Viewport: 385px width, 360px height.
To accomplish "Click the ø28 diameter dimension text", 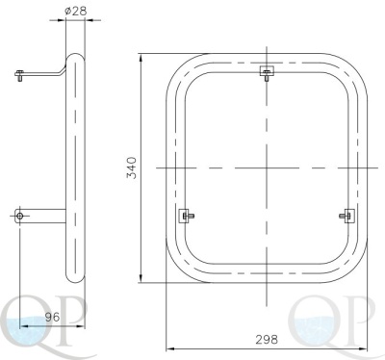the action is coord(75,11).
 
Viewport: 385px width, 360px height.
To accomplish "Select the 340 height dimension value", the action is coord(132,167).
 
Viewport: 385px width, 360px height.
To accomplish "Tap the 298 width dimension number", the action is coord(267,339).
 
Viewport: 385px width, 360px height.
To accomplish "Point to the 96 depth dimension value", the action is coord(52,317).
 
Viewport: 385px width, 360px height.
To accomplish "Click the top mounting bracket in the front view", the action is coord(267,72).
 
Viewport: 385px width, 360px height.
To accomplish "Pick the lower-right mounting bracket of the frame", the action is coord(347,216).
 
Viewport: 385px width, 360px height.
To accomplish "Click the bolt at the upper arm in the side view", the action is coord(19,75).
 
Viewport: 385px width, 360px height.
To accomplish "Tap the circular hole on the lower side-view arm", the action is coord(19,216).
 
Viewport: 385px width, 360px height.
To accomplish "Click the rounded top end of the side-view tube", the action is coord(76,57).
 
